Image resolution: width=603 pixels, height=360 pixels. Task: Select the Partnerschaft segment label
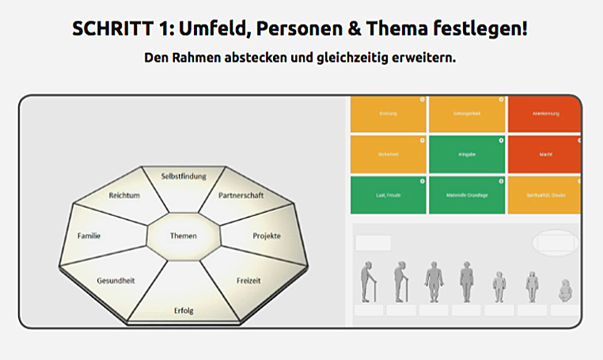click(241, 195)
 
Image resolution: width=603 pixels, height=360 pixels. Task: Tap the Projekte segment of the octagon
click(266, 236)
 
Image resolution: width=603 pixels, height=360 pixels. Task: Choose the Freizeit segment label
click(248, 281)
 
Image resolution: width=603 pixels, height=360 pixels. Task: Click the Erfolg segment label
click(184, 309)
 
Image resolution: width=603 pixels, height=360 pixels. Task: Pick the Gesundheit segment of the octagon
click(115, 281)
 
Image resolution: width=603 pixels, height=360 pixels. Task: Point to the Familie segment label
click(89, 236)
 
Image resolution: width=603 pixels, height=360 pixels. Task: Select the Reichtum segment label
click(124, 195)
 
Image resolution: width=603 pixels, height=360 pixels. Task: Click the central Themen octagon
click(184, 236)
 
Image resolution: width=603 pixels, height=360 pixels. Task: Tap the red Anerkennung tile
click(545, 114)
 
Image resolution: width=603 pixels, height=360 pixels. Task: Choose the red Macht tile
click(545, 154)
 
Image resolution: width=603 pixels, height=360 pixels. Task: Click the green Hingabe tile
click(467, 154)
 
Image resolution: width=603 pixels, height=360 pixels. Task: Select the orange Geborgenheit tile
click(467, 114)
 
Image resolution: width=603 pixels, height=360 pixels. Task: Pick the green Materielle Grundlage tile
click(467, 195)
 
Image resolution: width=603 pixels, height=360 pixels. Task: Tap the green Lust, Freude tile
click(389, 195)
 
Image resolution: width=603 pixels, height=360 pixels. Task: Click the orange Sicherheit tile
click(389, 154)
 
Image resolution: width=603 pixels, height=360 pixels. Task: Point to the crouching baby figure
click(566, 290)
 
